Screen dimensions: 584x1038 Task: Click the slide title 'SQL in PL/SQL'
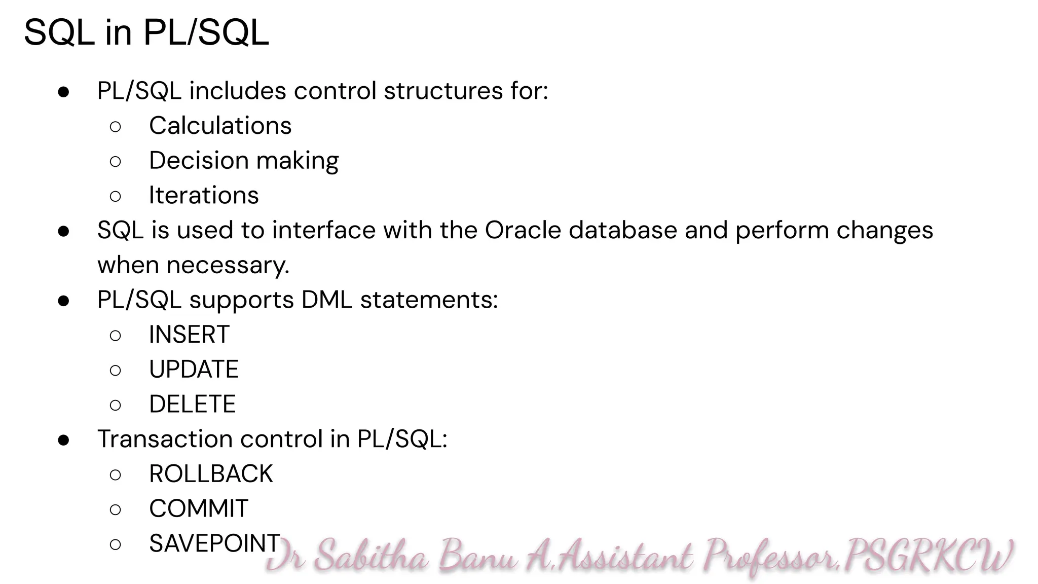tap(146, 32)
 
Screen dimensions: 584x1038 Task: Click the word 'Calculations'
tap(220, 126)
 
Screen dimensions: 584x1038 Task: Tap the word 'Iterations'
tap(204, 196)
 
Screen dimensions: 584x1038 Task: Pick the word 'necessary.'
tap(228, 265)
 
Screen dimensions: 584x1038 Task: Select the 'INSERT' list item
tap(189, 335)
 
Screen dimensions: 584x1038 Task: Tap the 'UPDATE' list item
tap(194, 370)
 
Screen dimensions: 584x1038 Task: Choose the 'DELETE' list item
tap(192, 405)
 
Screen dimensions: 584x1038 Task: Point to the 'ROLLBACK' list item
tap(211, 474)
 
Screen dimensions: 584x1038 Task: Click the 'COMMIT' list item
tap(199, 509)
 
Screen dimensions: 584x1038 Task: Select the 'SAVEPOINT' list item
tap(214, 543)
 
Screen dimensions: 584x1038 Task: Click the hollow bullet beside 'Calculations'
tap(115, 126)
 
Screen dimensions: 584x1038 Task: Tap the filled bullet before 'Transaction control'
tap(64, 440)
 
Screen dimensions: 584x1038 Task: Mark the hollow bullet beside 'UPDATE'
tap(115, 371)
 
